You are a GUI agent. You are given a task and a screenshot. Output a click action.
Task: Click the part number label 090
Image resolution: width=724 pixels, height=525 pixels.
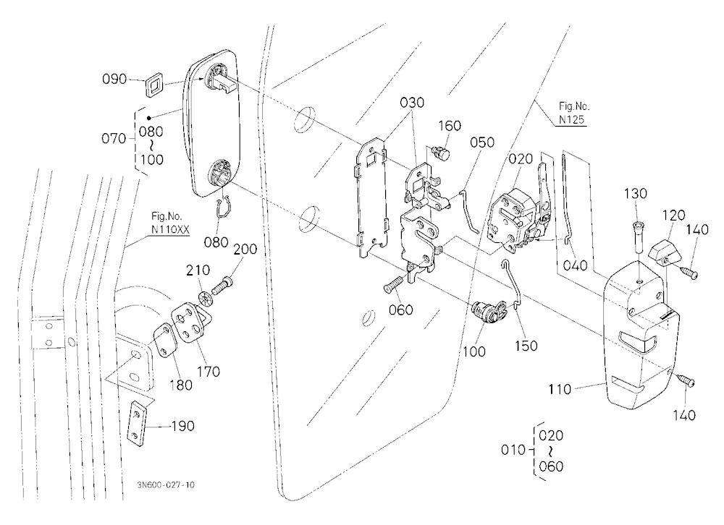point(114,79)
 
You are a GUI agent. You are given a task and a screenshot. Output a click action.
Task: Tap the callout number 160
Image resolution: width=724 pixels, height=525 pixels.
point(450,126)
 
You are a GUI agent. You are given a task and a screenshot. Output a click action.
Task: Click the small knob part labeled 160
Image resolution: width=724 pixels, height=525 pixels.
point(439,153)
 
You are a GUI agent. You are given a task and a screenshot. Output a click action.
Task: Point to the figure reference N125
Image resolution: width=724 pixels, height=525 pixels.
point(572,119)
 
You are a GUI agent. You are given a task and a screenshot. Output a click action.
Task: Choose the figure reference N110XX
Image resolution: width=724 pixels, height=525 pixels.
point(170,229)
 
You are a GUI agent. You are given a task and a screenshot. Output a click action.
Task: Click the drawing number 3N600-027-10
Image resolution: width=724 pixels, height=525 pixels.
point(166,485)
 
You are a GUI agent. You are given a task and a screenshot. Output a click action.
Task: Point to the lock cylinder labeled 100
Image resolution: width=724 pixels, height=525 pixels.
point(489,312)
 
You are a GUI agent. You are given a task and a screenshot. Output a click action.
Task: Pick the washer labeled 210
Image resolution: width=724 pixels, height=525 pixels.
point(206,298)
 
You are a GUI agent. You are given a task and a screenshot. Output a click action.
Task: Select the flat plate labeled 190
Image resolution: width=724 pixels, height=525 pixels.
point(138,424)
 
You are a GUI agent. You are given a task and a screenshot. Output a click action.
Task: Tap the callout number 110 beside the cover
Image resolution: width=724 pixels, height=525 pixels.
point(559,389)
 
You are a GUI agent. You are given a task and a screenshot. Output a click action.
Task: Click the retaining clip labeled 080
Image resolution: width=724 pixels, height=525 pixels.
point(224,208)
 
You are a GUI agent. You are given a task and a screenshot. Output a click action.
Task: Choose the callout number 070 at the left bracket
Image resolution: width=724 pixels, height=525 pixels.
point(114,138)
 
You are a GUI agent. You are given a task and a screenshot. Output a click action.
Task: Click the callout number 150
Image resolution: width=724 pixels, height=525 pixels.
point(526,346)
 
